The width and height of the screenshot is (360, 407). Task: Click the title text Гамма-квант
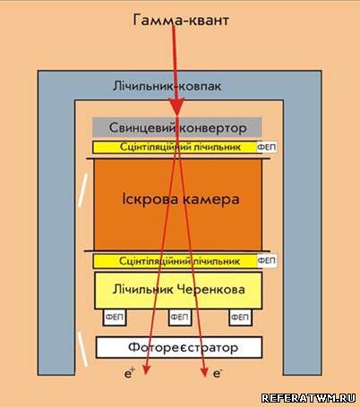click(181, 21)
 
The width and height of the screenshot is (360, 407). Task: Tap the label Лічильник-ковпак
click(167, 86)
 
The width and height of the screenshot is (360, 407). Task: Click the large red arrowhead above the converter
click(177, 107)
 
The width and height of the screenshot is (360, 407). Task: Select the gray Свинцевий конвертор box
click(177, 127)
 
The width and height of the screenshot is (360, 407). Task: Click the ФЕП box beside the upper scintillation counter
click(267, 147)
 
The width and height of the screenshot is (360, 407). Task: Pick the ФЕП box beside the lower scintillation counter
click(267, 260)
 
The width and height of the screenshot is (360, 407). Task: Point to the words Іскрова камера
click(181, 199)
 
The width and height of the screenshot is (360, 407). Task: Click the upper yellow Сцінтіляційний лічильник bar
click(175, 147)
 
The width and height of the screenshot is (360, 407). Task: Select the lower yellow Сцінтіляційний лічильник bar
click(175, 261)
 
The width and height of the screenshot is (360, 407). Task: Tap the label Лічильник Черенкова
click(178, 289)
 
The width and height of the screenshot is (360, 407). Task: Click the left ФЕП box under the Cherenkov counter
click(115, 317)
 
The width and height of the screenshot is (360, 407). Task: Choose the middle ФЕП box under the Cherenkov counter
click(180, 317)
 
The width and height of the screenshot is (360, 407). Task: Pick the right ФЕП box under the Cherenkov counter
click(240, 317)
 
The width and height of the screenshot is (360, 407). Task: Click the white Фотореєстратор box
click(179, 347)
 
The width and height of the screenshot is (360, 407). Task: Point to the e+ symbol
click(130, 373)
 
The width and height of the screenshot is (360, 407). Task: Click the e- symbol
click(218, 373)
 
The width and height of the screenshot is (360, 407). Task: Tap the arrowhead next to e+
click(146, 369)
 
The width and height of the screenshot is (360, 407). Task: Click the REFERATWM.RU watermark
click(308, 398)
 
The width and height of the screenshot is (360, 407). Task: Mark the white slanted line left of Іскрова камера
click(82, 191)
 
